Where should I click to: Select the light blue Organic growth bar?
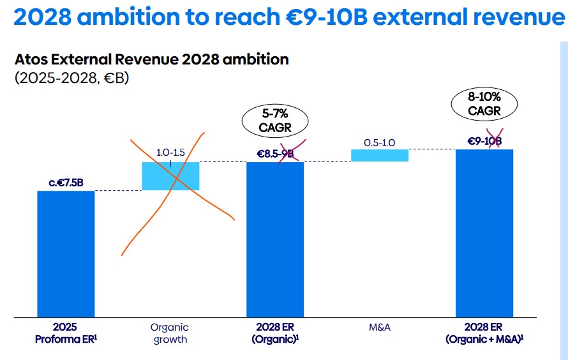coord(170,176)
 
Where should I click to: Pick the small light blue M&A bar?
coord(380,155)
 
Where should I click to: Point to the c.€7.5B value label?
coord(66,183)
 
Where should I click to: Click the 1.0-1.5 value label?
coord(170,153)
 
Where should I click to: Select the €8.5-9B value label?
coord(275,154)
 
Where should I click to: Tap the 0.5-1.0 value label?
coord(380,142)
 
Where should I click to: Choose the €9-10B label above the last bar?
coord(484,142)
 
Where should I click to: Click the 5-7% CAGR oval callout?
coord(275,120)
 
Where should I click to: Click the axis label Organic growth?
coord(170,333)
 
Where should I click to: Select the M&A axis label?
coord(380,327)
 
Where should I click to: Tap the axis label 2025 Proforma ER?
coord(66,333)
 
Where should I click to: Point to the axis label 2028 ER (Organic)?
coord(275,333)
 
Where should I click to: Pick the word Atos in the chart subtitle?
coord(29,60)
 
